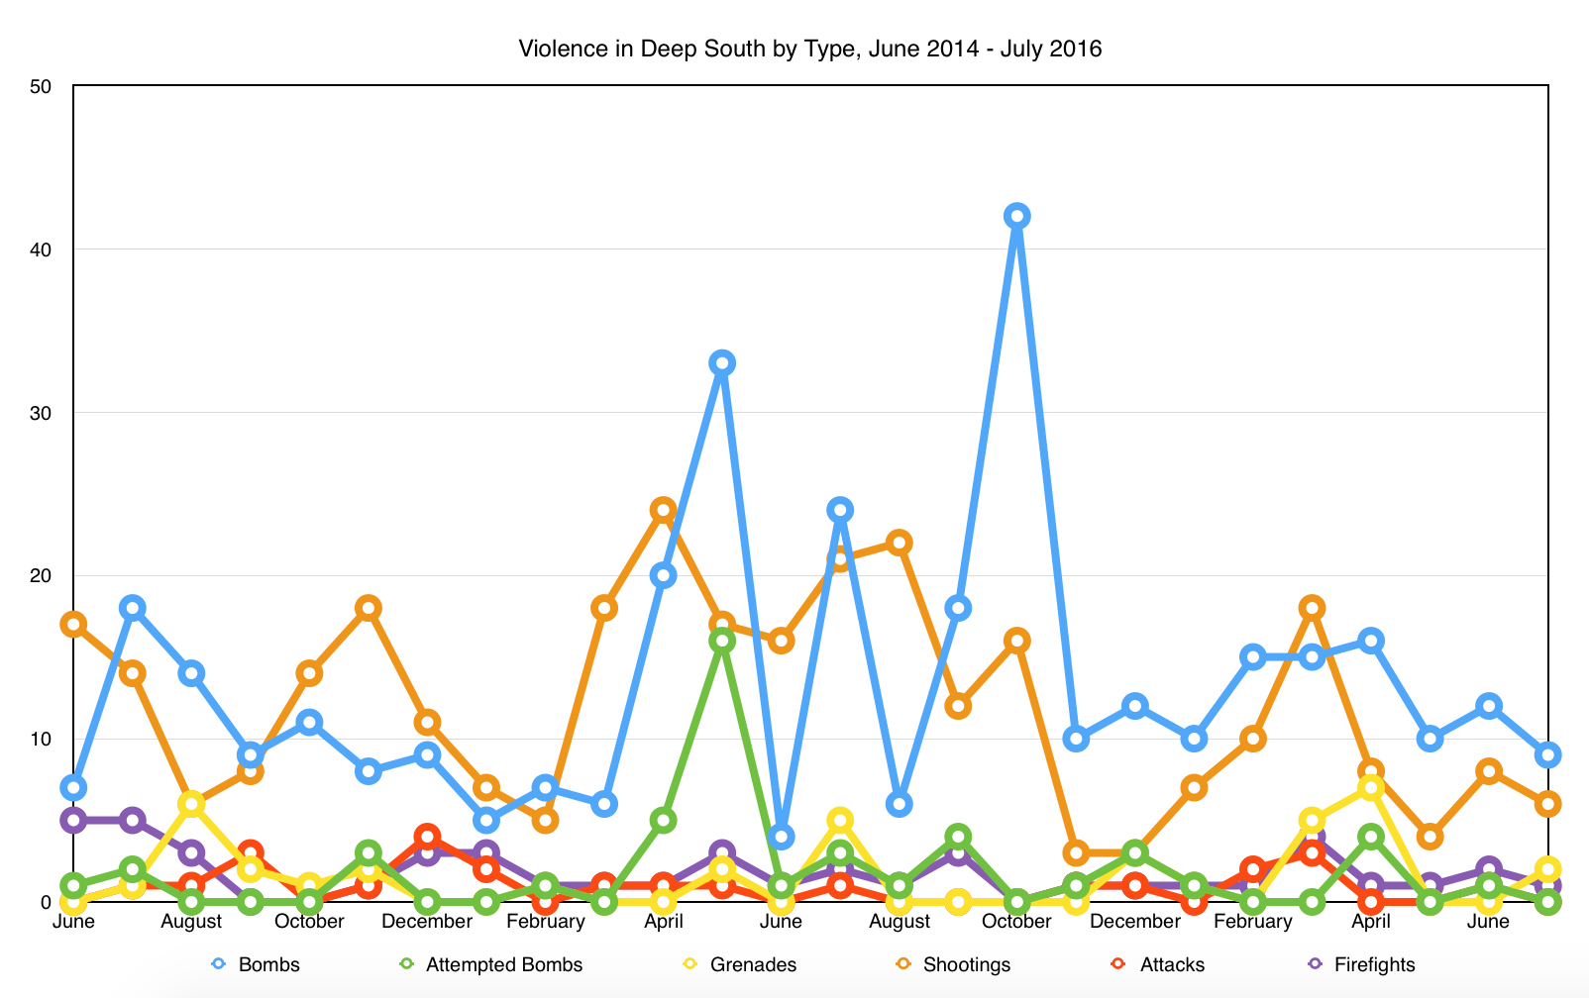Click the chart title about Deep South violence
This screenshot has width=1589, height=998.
809,49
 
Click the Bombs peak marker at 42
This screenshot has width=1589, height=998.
1016,216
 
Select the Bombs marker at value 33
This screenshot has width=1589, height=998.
722,362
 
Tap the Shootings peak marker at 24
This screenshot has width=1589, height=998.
663,510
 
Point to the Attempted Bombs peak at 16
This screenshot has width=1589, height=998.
722,641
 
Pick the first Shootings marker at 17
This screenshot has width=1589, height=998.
73,624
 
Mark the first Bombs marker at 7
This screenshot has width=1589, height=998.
73,787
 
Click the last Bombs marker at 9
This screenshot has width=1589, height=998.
1547,754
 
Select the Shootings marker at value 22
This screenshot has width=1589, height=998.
900,543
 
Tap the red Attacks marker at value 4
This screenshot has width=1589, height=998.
427,837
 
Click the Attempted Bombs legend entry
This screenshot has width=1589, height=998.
492,964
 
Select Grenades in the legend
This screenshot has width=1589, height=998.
742,964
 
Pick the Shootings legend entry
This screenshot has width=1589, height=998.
955,964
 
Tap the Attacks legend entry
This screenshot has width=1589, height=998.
1160,964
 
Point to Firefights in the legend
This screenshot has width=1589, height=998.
1362,964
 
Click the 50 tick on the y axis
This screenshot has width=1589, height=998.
41,86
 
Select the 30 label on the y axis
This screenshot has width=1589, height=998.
41,412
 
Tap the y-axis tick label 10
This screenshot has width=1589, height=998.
41,739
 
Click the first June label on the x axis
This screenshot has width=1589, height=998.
73,922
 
